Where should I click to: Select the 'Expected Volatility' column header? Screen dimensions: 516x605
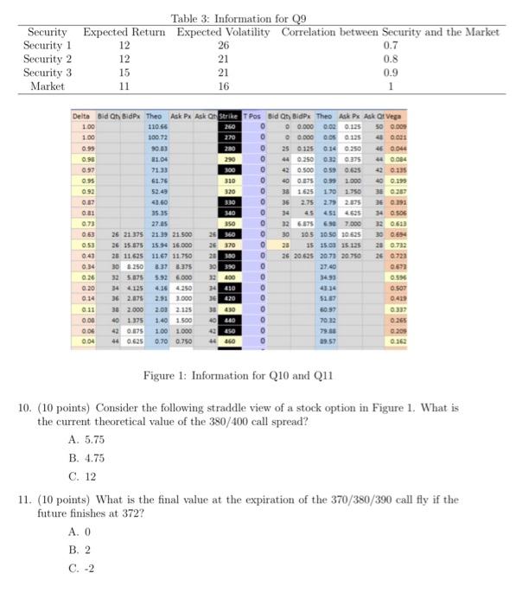tap(224, 32)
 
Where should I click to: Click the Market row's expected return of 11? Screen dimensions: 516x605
tap(124, 87)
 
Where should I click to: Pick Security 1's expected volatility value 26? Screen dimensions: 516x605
tap(224, 46)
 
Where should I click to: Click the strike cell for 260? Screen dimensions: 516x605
tap(231, 126)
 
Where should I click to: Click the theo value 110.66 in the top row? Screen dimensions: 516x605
tap(156, 126)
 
